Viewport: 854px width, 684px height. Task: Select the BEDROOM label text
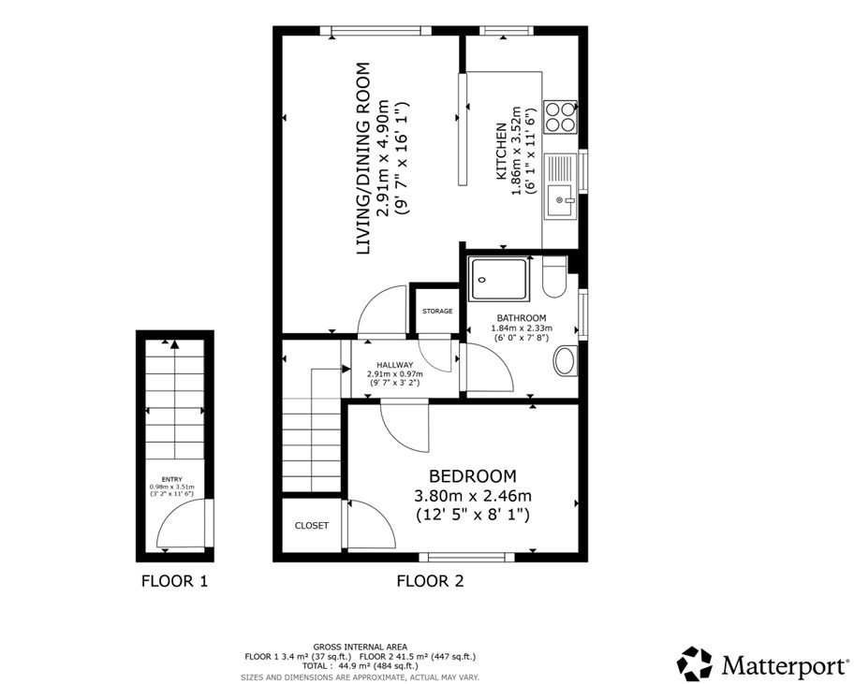point(472,475)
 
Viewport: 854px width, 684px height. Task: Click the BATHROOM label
point(522,318)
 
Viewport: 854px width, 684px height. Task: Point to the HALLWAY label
point(394,365)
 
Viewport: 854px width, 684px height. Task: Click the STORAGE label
point(437,311)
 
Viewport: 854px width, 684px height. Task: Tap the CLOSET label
point(312,526)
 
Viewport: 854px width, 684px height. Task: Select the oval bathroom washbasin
point(565,361)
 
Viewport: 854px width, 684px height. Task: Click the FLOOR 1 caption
point(174,581)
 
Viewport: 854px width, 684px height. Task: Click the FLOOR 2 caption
point(430,581)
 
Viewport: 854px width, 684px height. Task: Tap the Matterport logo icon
point(695,663)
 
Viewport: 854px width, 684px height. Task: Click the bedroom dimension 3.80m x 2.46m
point(473,496)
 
